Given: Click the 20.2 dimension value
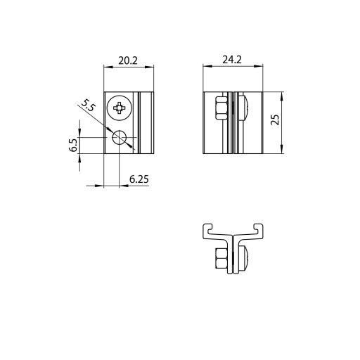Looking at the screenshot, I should (x=127, y=61).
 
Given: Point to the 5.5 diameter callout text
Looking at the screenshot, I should (x=88, y=106).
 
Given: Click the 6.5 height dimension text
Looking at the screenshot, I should (x=74, y=145).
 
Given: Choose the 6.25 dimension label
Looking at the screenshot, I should (x=139, y=179).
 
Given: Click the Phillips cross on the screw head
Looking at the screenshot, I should (x=120, y=108).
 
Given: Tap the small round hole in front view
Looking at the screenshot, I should (x=120, y=139).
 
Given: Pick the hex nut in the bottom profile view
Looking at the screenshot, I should (x=219, y=258).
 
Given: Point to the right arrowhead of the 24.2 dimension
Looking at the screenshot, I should (x=261, y=68).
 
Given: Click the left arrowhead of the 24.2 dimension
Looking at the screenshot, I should (x=206, y=68).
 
